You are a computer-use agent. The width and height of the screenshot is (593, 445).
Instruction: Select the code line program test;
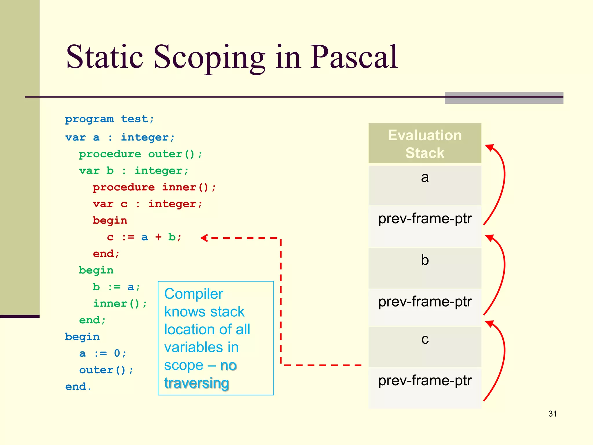tap(109, 119)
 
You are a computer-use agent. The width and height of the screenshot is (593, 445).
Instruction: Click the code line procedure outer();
tap(140, 154)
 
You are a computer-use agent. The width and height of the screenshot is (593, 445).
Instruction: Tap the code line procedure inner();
tap(154, 187)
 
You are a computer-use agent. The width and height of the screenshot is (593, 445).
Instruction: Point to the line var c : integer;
tap(147, 204)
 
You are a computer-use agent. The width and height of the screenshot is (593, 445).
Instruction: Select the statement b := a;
tap(116, 287)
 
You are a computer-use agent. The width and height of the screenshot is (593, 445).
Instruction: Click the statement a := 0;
tap(103, 353)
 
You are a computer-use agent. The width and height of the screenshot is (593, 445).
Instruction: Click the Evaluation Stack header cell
tap(425, 144)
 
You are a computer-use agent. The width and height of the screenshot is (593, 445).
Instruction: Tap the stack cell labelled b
tap(425, 268)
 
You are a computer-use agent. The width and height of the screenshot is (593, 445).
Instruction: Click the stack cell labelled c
tap(425, 346)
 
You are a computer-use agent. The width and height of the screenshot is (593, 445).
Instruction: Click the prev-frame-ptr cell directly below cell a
tap(425, 226)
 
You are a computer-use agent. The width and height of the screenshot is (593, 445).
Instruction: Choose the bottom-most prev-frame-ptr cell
tap(425, 388)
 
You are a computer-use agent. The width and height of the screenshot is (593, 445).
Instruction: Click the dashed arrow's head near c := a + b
tap(204, 238)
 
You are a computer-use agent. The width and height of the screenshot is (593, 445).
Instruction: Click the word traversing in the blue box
tap(197, 383)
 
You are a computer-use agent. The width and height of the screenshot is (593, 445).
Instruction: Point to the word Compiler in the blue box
tap(194, 294)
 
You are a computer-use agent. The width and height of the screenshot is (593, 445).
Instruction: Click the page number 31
tap(552, 414)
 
